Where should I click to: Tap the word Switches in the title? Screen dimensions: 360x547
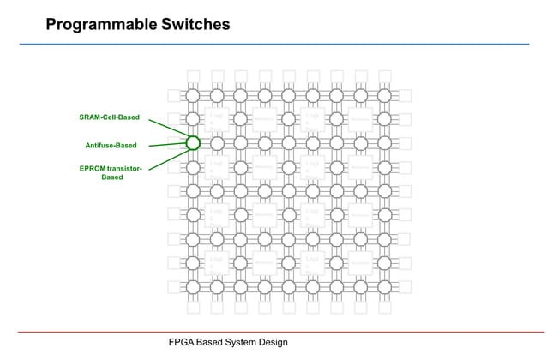[195, 25]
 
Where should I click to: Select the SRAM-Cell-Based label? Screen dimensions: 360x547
[110, 117]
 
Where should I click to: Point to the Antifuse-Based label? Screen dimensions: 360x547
[111, 146]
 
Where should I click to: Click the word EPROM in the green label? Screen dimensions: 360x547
[93, 168]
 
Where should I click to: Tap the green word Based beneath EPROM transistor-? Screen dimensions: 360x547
[112, 177]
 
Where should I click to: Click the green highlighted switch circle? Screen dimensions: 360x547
[193, 143]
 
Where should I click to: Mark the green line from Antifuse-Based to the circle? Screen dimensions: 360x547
[163, 145]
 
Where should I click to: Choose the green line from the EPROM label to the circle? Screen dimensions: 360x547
[165, 159]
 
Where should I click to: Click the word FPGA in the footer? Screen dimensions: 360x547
[181, 343]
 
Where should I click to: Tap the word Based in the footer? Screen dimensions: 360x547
[211, 343]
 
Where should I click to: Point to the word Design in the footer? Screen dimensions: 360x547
[275, 343]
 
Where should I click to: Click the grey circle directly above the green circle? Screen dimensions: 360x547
[193, 119]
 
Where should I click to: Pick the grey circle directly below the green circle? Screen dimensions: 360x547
[193, 167]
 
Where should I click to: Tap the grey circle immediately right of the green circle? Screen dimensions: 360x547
[217, 143]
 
